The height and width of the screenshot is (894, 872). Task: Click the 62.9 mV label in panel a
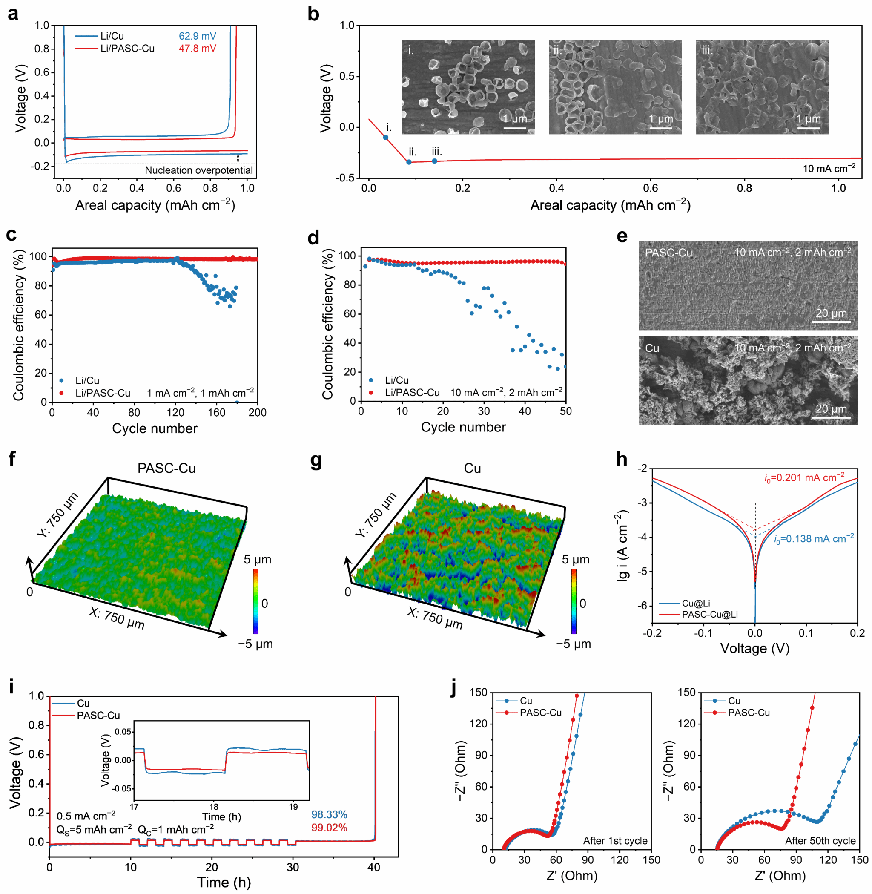click(x=198, y=36)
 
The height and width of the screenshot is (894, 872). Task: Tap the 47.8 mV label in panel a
click(x=198, y=48)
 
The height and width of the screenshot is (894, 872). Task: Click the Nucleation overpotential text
click(x=199, y=170)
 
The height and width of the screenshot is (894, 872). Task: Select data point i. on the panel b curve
click(x=386, y=138)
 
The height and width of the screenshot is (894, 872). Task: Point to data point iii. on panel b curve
click(x=435, y=161)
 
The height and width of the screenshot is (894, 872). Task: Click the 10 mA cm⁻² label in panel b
click(x=829, y=168)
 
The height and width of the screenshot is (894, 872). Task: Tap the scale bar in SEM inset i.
click(x=515, y=128)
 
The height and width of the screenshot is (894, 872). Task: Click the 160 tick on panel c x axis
click(x=217, y=412)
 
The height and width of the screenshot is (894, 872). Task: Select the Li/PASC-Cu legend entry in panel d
click(x=412, y=393)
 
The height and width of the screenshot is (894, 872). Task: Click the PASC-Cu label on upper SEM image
click(x=668, y=253)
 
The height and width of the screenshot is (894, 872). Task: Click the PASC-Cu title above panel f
click(x=166, y=469)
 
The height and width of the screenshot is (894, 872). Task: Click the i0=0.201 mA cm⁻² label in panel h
click(x=804, y=478)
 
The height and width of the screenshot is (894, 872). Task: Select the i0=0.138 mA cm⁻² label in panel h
click(x=814, y=539)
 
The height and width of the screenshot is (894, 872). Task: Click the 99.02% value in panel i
click(x=329, y=828)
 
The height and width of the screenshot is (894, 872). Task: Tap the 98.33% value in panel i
click(x=329, y=815)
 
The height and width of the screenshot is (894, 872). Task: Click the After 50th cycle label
click(x=820, y=841)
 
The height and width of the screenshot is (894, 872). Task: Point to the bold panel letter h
click(x=622, y=459)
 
